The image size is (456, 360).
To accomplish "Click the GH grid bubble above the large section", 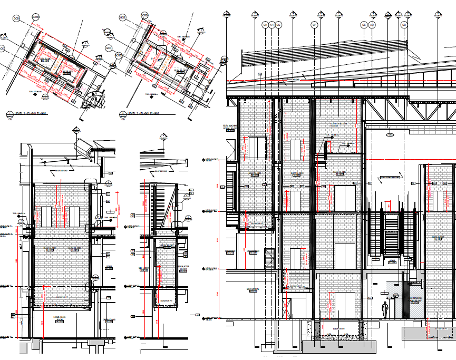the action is (265, 25).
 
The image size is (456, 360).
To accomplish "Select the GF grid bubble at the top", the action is (314, 25).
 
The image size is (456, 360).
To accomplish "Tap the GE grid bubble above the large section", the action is (363, 25).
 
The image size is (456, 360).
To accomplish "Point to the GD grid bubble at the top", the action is (404, 25).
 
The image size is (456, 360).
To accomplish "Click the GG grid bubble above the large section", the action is (279, 25).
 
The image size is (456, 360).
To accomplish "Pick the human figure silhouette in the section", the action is (385, 309).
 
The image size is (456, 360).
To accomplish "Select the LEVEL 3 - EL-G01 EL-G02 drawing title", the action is (144, 114).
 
